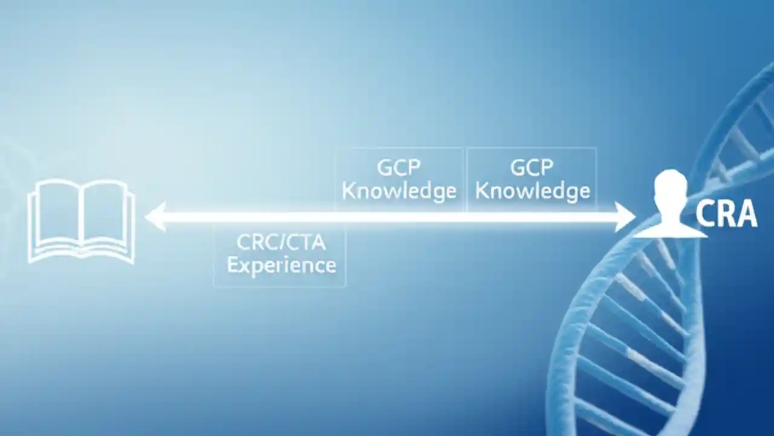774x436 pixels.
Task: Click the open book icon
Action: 82,221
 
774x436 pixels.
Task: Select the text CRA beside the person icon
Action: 726,214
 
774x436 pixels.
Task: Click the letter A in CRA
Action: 746,214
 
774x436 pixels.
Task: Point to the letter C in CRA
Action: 705,214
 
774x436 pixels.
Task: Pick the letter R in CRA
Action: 725,214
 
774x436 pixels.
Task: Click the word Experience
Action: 281,265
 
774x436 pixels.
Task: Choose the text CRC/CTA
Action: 281,243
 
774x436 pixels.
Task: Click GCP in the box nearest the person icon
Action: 532,167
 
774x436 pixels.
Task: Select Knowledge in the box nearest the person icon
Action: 532,191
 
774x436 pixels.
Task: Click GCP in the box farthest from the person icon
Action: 399,167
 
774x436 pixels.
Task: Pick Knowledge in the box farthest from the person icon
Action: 399,191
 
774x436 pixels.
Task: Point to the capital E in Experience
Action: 233,264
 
